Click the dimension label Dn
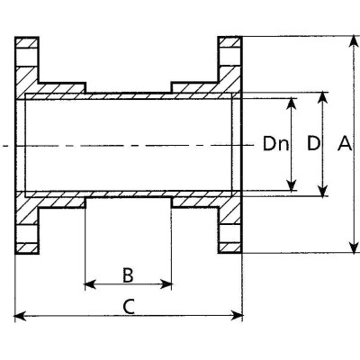[x=275, y=144]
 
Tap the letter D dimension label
[x=313, y=143]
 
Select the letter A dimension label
[x=345, y=143]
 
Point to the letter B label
[x=128, y=275]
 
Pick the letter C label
[x=129, y=307]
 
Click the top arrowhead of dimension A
[x=355, y=41]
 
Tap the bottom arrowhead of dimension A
[x=355, y=247]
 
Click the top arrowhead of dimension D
[x=322, y=97]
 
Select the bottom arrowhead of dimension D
[x=322, y=191]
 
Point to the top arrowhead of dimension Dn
[x=291, y=103]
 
